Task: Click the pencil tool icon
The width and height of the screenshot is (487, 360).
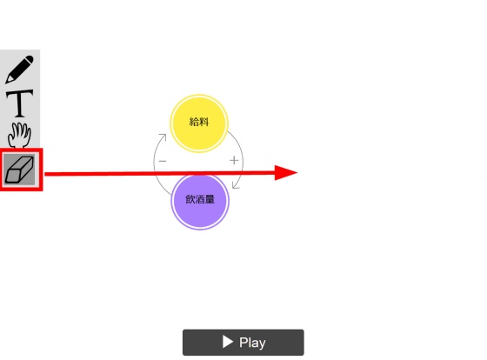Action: tap(19, 70)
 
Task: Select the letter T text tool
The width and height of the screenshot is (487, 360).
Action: tap(19, 103)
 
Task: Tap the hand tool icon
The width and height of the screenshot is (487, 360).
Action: tap(19, 135)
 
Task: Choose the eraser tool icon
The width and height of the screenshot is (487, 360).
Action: tap(19, 170)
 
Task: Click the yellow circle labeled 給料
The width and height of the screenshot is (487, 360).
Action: tap(199, 123)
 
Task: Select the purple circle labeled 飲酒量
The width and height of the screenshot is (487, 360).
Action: tap(200, 201)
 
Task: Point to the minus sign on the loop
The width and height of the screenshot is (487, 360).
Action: tap(163, 161)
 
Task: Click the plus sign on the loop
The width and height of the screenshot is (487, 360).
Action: tap(234, 161)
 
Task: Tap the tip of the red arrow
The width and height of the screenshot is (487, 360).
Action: tap(297, 172)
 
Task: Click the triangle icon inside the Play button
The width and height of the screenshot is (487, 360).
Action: tap(228, 342)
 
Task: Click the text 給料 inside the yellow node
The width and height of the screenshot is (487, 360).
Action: tap(199, 122)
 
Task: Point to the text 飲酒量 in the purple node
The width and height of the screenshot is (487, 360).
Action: tap(200, 199)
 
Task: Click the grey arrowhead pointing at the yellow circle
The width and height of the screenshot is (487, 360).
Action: tap(163, 137)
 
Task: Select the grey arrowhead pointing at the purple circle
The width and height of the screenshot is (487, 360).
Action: tap(236, 185)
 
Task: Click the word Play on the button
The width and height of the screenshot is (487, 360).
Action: tap(252, 343)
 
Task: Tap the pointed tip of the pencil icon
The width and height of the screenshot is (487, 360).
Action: tap(6, 83)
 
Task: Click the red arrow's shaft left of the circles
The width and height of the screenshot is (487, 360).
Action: tap(99, 174)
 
